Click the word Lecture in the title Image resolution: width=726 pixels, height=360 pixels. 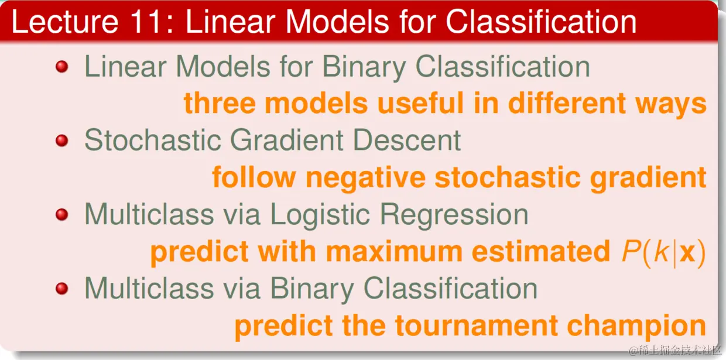coord(65,22)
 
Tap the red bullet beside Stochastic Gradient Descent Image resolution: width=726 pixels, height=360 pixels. coord(61,140)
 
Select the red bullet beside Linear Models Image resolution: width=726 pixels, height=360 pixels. coord(61,67)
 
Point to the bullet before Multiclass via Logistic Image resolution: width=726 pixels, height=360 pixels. coord(61,214)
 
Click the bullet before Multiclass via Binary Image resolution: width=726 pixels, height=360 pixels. coord(61,289)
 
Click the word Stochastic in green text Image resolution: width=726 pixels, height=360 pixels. coord(153,140)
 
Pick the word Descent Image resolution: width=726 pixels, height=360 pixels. coord(407,140)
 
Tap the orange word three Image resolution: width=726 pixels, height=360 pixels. coord(220,103)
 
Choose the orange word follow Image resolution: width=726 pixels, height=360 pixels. coord(254,177)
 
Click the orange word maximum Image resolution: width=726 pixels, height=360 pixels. coord(394,252)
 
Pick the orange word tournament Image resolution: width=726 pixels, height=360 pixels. coord(477,325)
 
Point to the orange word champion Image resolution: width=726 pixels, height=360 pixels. coord(636,327)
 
